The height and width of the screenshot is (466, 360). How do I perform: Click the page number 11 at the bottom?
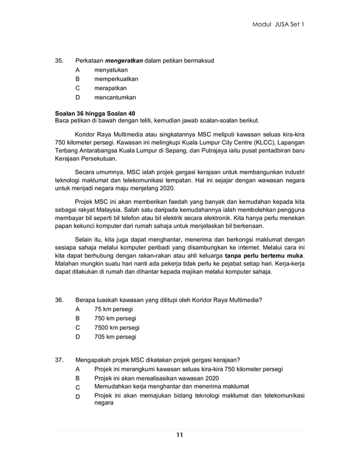pyautogui.click(x=179, y=434)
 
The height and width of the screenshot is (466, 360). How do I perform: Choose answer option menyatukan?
pyautogui.click(x=111, y=69)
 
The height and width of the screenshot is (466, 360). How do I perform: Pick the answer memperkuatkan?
pyautogui.click(x=116, y=79)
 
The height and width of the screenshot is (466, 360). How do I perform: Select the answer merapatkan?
pyautogui.click(x=111, y=88)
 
